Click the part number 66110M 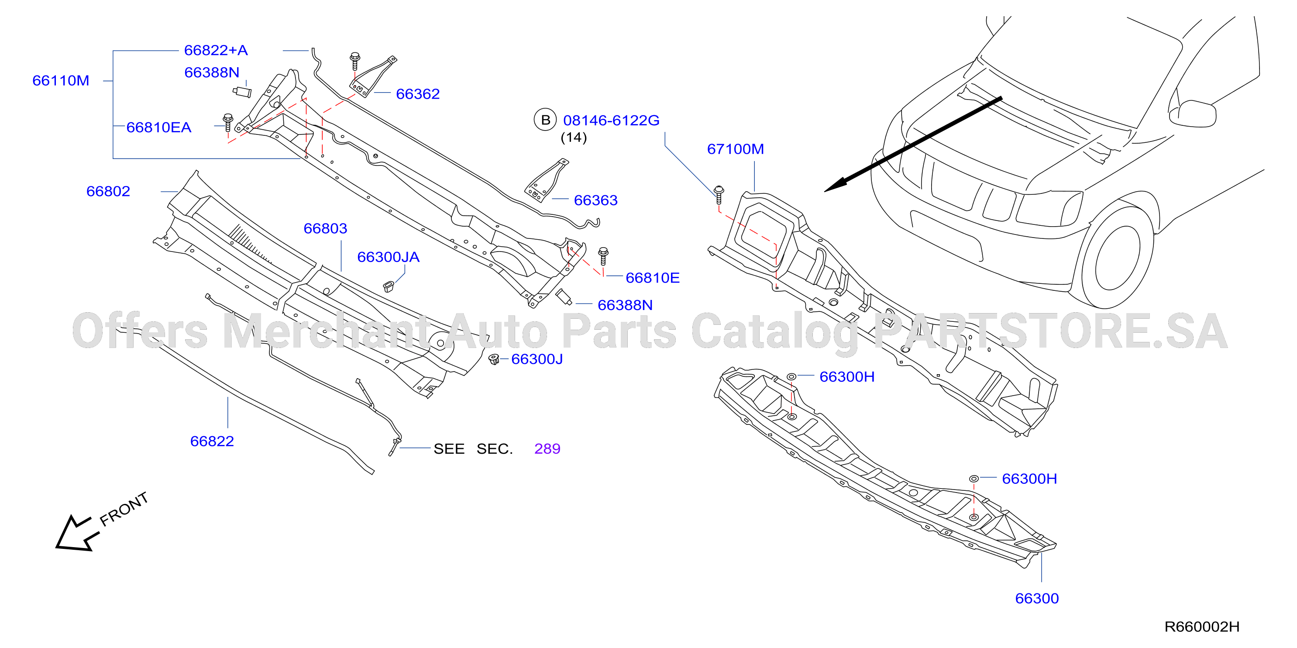[61, 80]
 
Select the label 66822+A [216, 50]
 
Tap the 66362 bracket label [418, 94]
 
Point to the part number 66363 [595, 200]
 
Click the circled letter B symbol [545, 120]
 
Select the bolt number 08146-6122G [611, 121]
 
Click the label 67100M [736, 149]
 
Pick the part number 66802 [108, 191]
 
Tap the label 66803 [325, 228]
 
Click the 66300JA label [388, 257]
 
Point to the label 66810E [653, 278]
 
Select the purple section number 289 [547, 448]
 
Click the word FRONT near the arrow [124, 509]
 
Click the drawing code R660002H [1202, 627]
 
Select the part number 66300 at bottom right [1037, 599]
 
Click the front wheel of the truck [1116, 257]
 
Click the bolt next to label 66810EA [228, 122]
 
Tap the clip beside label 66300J [494, 359]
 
